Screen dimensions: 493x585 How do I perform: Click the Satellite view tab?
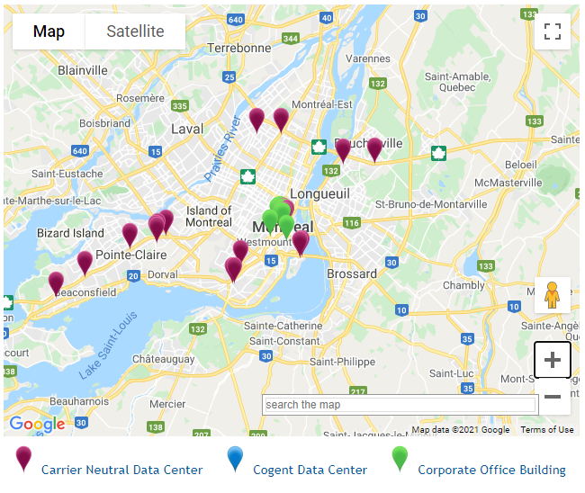pos(135,31)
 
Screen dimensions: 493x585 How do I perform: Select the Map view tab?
pos(49,31)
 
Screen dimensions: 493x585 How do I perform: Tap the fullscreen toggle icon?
pos(553,31)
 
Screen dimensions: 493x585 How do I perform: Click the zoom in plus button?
pos(553,360)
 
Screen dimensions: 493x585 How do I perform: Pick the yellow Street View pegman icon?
pos(553,295)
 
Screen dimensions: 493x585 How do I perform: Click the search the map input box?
pos(399,405)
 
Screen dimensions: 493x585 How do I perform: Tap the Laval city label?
pos(187,129)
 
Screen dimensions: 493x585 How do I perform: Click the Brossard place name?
pos(352,273)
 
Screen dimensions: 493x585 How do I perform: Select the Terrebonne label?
pos(238,48)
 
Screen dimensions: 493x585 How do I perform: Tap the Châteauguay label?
pos(163,359)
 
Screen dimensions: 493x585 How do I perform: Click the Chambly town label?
pos(463,285)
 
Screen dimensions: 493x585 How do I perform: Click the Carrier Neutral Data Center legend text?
pos(121,470)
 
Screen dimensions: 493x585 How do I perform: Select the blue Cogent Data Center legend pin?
pos(236,460)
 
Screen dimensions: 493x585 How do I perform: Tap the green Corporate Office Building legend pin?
pos(400,460)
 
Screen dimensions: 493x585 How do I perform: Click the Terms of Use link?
pos(546,430)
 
